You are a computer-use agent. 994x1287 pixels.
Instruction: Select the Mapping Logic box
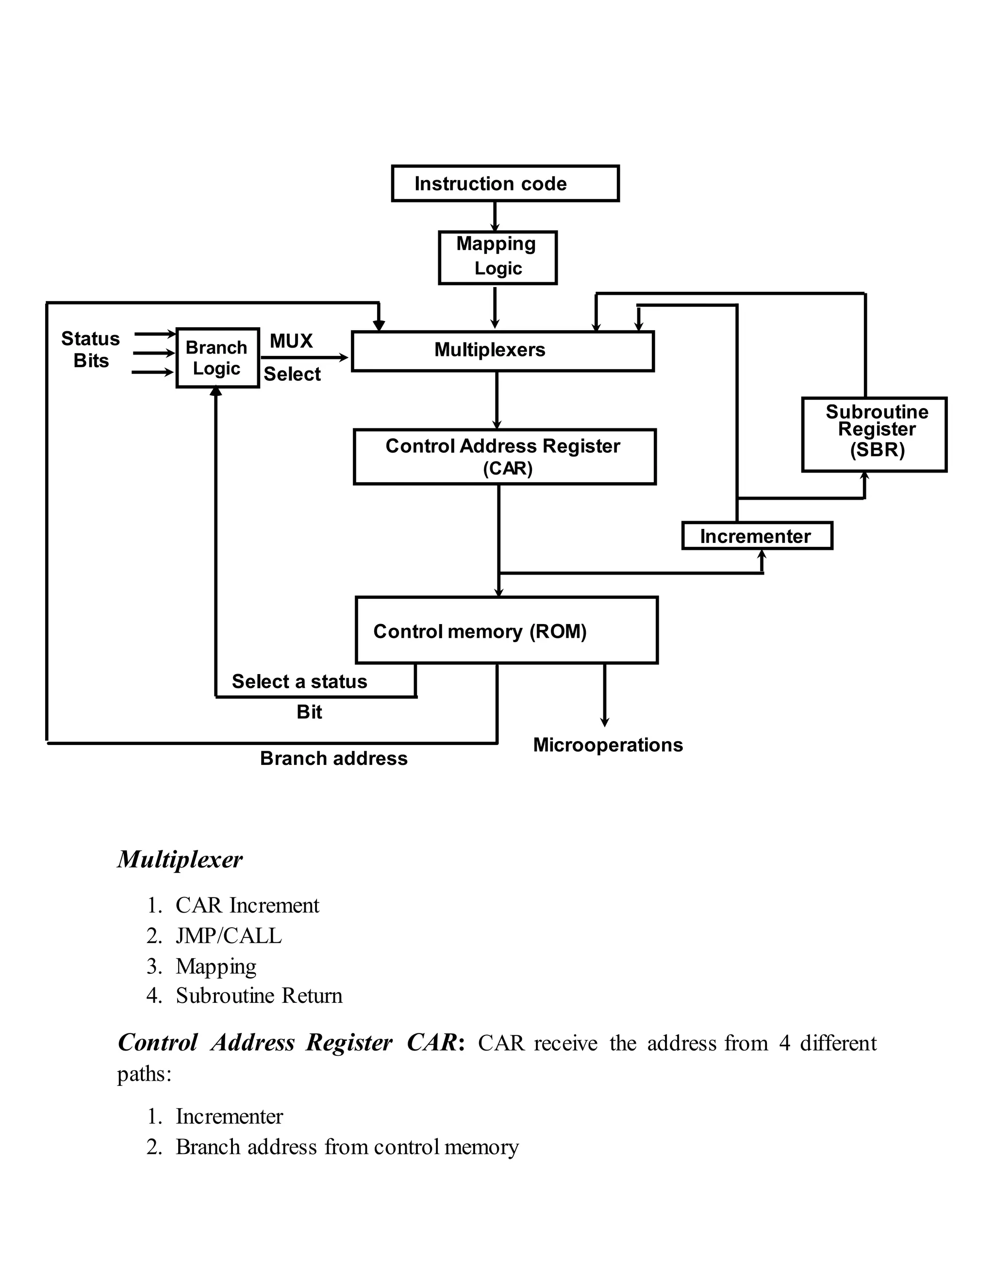click(497, 257)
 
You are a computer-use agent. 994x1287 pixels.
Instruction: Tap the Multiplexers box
click(502, 351)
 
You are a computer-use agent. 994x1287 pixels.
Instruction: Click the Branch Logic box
click(217, 358)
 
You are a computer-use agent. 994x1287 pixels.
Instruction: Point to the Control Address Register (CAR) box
click(504, 457)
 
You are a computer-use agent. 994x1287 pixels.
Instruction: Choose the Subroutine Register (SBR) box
click(874, 434)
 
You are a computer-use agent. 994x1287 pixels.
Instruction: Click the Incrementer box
click(757, 536)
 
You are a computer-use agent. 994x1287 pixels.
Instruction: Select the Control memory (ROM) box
click(506, 630)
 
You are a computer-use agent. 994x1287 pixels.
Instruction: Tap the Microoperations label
click(608, 745)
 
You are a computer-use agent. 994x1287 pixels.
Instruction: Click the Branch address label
click(333, 759)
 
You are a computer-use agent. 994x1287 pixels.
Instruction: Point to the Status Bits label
click(91, 350)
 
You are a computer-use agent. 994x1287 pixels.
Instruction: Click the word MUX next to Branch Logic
click(291, 341)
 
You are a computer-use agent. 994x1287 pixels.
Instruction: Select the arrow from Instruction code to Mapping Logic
click(495, 216)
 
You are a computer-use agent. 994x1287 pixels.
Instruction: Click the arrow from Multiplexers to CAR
click(497, 400)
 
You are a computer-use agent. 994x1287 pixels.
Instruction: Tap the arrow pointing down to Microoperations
click(604, 695)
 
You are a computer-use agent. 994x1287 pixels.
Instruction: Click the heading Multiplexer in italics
click(180, 860)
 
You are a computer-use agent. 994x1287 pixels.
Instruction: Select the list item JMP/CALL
click(229, 936)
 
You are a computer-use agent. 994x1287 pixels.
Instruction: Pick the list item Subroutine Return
click(259, 995)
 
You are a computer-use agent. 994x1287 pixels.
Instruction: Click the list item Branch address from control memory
click(347, 1147)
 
